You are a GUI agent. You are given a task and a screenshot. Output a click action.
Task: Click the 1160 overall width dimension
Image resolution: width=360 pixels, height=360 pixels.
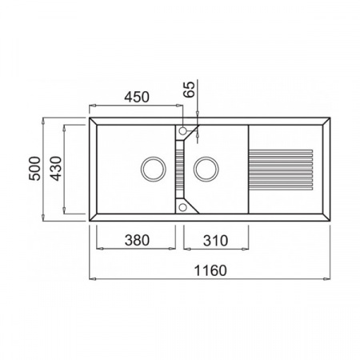tap(210, 270)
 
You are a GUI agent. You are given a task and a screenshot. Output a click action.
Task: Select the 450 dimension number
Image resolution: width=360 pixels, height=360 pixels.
tap(137, 97)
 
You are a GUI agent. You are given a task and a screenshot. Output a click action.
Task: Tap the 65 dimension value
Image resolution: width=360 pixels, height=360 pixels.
tap(190, 89)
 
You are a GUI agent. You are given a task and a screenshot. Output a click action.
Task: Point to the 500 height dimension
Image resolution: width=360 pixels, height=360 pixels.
tap(35, 169)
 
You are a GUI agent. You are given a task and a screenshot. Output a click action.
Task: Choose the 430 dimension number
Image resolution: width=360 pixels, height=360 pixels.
tap(55, 169)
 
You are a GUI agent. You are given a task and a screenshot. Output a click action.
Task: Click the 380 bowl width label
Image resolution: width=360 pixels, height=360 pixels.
tap(137, 240)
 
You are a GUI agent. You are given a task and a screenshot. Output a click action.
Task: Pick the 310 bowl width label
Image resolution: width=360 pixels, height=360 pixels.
tap(215, 241)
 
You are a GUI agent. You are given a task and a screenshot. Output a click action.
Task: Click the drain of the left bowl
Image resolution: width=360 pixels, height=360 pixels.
tap(154, 169)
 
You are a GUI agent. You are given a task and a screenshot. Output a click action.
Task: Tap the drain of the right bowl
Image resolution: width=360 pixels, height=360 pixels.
tap(206, 169)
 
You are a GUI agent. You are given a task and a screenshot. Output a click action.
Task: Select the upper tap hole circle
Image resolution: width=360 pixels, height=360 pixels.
tap(183, 131)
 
